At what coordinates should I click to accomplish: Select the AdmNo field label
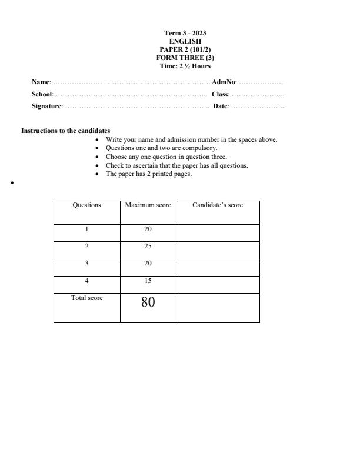tap(224, 83)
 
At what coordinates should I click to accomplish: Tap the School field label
tap(42, 94)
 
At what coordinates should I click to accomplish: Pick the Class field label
tap(220, 94)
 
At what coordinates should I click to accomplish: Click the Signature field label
tap(46, 106)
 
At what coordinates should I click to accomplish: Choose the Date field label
tap(221, 106)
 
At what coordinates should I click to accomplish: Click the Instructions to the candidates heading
tap(66, 131)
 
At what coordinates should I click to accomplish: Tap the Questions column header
tap(86, 205)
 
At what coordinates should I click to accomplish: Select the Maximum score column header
tap(148, 205)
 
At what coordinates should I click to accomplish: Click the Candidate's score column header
tap(217, 205)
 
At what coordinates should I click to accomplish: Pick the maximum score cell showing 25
tap(148, 247)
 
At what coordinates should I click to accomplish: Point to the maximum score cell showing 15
tap(148, 281)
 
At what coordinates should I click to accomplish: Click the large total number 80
tap(148, 303)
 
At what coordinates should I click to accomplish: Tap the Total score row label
tap(86, 298)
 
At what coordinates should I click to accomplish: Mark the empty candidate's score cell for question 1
tap(217, 232)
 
